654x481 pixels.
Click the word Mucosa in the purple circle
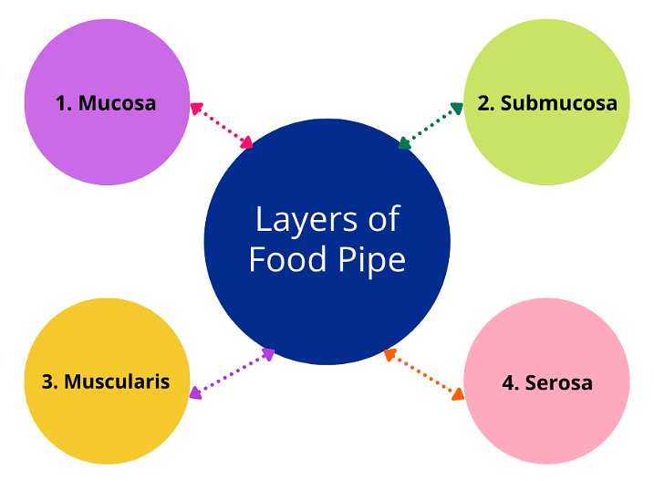[117, 103]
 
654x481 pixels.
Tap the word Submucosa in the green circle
[558, 103]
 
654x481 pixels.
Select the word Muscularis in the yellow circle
[117, 381]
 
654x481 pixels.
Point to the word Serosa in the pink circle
[558, 382]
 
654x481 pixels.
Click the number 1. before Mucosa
[64, 103]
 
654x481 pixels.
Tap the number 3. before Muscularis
[50, 381]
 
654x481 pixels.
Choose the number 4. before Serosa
[511, 382]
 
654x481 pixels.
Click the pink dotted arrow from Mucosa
[221, 125]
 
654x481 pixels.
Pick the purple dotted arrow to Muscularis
[232, 372]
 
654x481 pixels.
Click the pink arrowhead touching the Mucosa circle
[195, 108]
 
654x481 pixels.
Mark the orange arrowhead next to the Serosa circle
[458, 395]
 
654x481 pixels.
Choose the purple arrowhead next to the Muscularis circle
[194, 393]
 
